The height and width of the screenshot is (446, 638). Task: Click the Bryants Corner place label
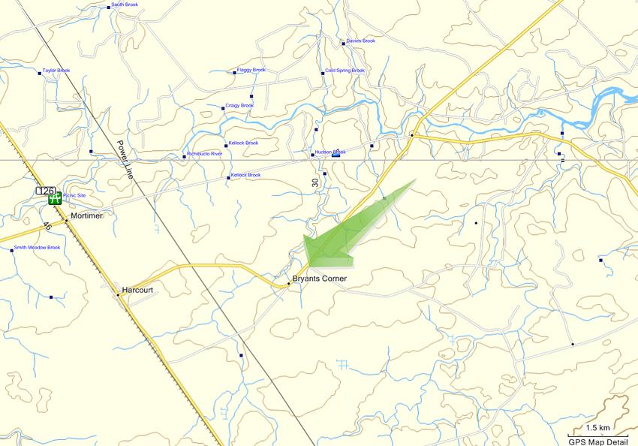point(319,279)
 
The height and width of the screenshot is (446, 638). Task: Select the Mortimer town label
point(86,215)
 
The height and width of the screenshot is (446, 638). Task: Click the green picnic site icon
point(55,199)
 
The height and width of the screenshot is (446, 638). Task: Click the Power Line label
point(124,159)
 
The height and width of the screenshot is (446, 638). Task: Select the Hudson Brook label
point(330,152)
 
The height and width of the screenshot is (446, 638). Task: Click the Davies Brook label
point(360,41)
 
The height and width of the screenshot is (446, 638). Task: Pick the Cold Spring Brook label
point(345,71)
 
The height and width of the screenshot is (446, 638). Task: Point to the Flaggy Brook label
point(251,70)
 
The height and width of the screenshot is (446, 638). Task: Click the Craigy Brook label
point(239,105)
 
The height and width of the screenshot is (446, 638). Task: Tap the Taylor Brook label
point(56,71)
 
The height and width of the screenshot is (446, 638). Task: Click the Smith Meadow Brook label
point(37,247)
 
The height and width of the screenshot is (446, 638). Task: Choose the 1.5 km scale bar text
point(597,428)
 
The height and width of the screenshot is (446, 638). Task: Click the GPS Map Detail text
point(598,441)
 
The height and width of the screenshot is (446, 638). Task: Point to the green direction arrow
point(345,233)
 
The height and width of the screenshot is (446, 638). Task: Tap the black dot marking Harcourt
point(118,295)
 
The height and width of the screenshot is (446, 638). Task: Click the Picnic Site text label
point(74,195)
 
